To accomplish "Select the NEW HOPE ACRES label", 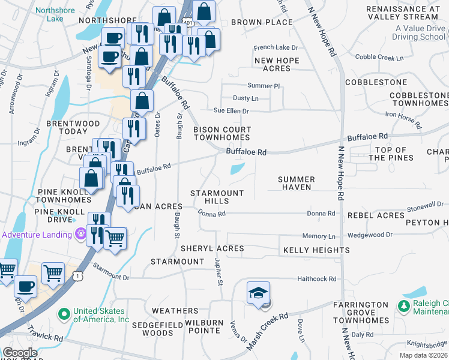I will tap(277, 65).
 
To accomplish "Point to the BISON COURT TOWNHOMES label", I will tap(221, 133).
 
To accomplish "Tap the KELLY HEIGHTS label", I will tap(316, 250).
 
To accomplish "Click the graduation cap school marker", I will tap(258, 293).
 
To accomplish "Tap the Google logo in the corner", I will tap(20, 353).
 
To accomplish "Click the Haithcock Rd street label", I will tap(316, 279).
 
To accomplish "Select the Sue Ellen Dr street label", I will tap(231, 110).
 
